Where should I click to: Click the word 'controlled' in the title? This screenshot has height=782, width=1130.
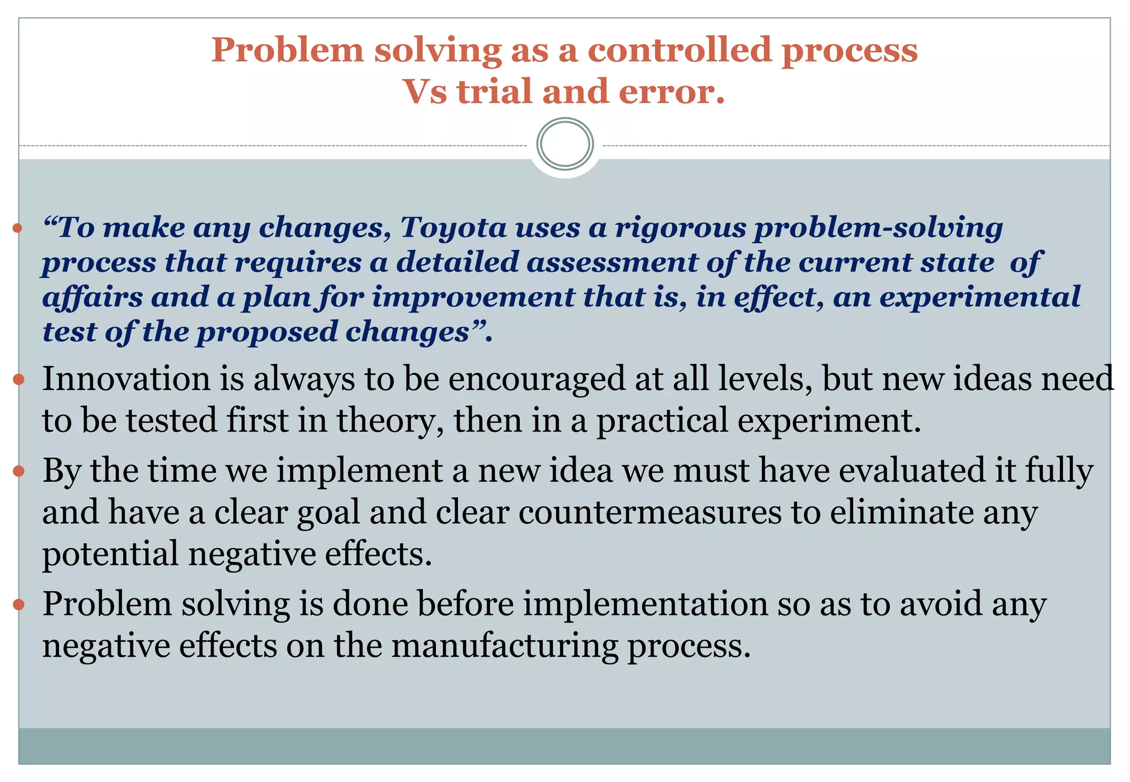(x=679, y=50)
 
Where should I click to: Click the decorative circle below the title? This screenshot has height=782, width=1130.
(x=565, y=144)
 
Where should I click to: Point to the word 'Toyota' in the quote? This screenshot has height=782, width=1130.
(x=453, y=228)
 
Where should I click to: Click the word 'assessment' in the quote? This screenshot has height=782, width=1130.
(x=612, y=263)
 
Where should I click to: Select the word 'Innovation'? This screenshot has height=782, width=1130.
(x=126, y=379)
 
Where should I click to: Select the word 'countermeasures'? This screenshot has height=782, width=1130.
(x=649, y=513)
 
